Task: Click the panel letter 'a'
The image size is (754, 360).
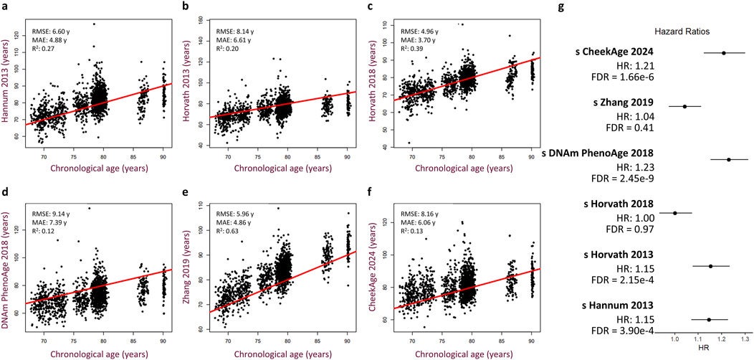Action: (x=5, y=6)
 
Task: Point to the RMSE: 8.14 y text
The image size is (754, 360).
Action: (x=237, y=32)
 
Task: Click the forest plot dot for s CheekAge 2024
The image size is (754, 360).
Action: (x=724, y=52)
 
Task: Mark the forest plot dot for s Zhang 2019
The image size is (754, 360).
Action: (x=684, y=106)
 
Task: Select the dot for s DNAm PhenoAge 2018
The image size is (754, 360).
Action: (x=729, y=159)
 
